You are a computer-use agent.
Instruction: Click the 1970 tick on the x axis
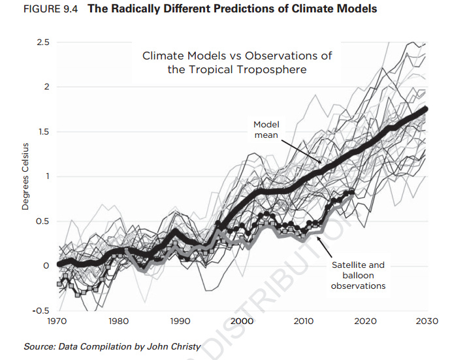coord(57,321)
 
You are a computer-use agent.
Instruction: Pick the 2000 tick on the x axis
coord(242,321)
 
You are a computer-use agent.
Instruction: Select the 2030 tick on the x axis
coord(427,321)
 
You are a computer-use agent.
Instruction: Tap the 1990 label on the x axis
coord(180,321)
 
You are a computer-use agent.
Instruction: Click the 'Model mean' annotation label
coord(266,129)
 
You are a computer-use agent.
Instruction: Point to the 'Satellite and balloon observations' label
coord(358,276)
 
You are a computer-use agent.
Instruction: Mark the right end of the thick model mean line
coord(426,109)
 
